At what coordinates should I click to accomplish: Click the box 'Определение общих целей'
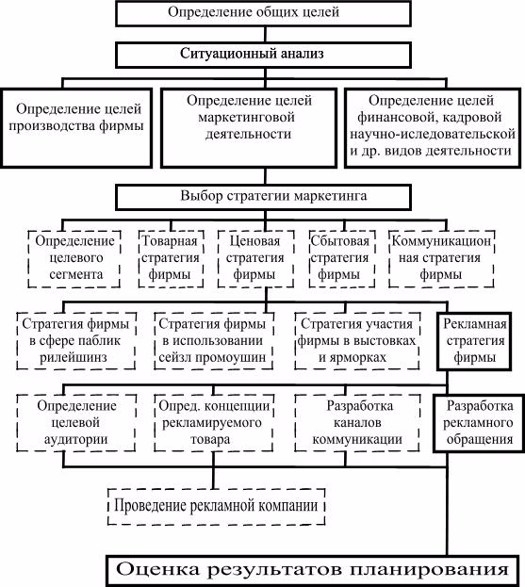263,13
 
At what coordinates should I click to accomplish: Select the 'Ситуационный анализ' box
263,55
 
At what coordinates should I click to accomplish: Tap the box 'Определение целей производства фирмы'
76,128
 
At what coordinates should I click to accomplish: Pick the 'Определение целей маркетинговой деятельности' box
249,128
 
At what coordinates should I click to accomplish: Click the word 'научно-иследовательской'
433,134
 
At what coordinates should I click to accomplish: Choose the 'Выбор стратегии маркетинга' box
263,197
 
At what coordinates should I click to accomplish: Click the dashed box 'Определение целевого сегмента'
74,259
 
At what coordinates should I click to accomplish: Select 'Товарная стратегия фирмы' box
171,259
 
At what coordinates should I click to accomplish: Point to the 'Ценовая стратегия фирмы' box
255,259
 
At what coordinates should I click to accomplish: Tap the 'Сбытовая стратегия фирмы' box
342,259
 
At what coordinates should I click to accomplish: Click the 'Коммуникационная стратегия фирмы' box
441,259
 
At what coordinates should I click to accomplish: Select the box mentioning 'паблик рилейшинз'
76,341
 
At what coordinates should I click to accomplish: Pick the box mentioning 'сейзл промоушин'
214,341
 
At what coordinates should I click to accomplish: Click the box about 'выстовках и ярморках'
357,341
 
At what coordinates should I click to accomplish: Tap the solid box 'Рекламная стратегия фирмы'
474,341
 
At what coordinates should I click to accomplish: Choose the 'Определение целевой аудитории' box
76,423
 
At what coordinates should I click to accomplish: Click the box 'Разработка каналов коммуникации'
357,423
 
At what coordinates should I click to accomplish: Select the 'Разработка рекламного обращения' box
479,423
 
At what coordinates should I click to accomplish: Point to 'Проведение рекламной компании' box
216,506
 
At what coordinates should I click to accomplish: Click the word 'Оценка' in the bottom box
157,570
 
